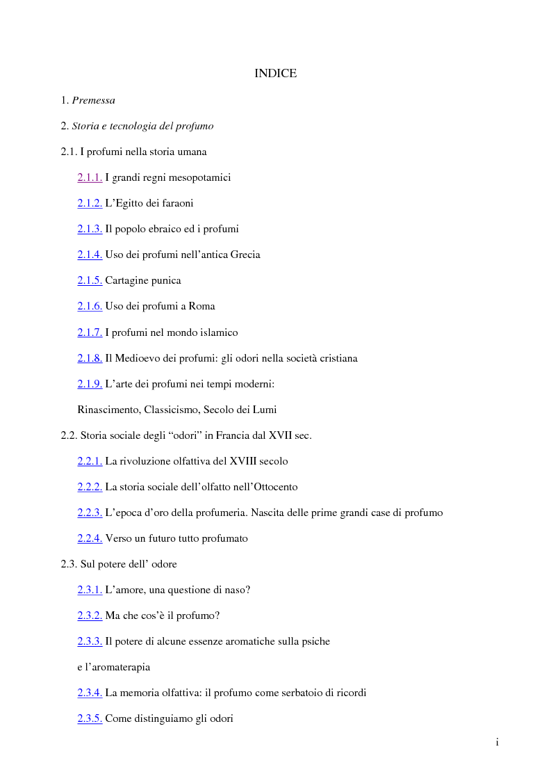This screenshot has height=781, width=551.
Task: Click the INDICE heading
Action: coord(275,74)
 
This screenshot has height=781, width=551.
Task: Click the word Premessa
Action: coord(93,101)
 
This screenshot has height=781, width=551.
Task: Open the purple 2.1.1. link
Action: coord(90,178)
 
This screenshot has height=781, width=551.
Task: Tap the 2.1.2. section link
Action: coord(90,204)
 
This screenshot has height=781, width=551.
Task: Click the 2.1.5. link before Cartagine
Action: coord(90,281)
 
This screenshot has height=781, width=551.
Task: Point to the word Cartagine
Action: coord(126,281)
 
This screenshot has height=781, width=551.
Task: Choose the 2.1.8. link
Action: coord(90,359)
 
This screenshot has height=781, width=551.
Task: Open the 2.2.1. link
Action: coord(90,462)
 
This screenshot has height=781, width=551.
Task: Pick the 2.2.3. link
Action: coord(90,513)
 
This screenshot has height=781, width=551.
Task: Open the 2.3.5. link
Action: coord(90,719)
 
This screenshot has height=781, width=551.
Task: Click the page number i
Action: coord(497,743)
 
